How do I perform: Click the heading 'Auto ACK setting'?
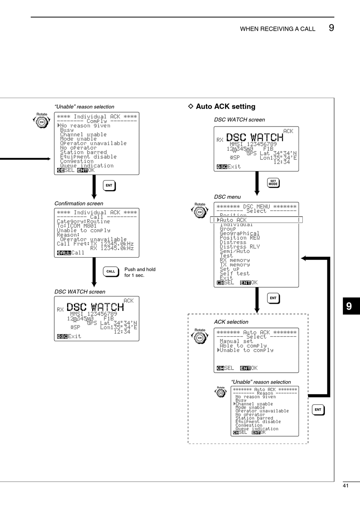[225, 106]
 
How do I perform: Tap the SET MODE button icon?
[273, 183]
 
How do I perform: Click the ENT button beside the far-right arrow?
[318, 409]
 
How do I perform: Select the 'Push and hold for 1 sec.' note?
[140, 272]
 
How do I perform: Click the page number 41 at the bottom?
[345, 486]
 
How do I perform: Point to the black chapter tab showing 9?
[349, 306]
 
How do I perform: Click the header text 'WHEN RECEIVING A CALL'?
[277, 29]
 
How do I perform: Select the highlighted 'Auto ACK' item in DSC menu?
[233, 220]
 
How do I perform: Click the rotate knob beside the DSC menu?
[200, 212]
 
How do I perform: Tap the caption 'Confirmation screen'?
[79, 203]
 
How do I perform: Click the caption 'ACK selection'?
[231, 322]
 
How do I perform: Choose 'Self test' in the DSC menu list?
[235, 273]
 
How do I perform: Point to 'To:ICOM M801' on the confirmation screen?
[77, 226]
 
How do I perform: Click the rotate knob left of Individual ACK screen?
[42, 122]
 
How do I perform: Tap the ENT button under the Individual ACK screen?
[109, 186]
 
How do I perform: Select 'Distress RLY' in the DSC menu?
[239, 247]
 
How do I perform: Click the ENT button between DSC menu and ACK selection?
[273, 298]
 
